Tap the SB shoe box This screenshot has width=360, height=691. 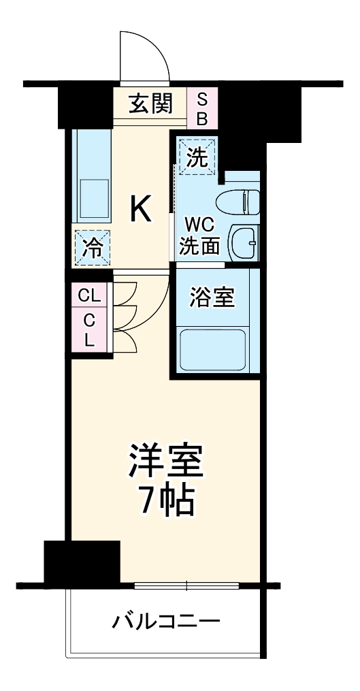coord(202,108)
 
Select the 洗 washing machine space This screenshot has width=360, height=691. coord(196,157)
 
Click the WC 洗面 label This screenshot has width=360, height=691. coord(199,235)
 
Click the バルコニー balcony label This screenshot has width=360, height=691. coord(166,621)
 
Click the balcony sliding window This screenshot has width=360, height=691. coord(186,585)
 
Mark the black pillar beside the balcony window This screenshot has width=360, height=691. coord(82,561)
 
